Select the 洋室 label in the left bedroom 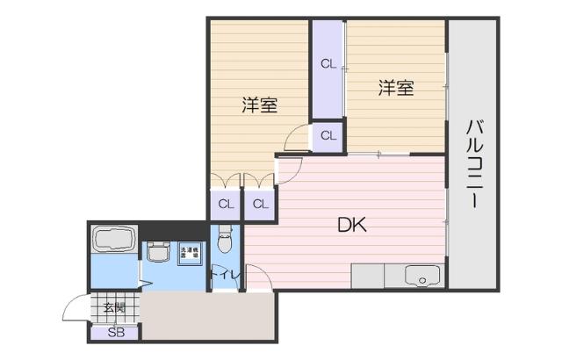coord(260,104)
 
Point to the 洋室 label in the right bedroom coord(396,88)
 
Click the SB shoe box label coord(115,333)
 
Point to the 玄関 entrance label coord(113,307)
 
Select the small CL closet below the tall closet coord(328,135)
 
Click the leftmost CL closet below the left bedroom coord(226,205)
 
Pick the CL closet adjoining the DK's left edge coord(260,205)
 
